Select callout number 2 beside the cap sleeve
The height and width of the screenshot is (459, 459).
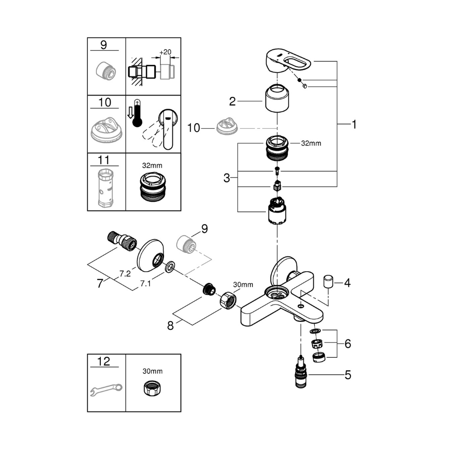coord(232,101)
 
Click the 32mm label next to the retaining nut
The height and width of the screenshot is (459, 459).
coord(312,144)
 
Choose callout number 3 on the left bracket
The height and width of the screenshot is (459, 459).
coord(227,178)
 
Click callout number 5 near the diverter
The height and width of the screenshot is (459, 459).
coord(348,375)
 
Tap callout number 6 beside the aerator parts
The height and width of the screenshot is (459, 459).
coord(348,344)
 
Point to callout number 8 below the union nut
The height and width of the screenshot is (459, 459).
coord(170,326)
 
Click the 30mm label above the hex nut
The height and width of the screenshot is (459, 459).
coord(243,285)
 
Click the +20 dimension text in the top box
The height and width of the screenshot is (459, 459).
coord(166,52)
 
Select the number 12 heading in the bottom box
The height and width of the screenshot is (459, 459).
coord(104,362)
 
